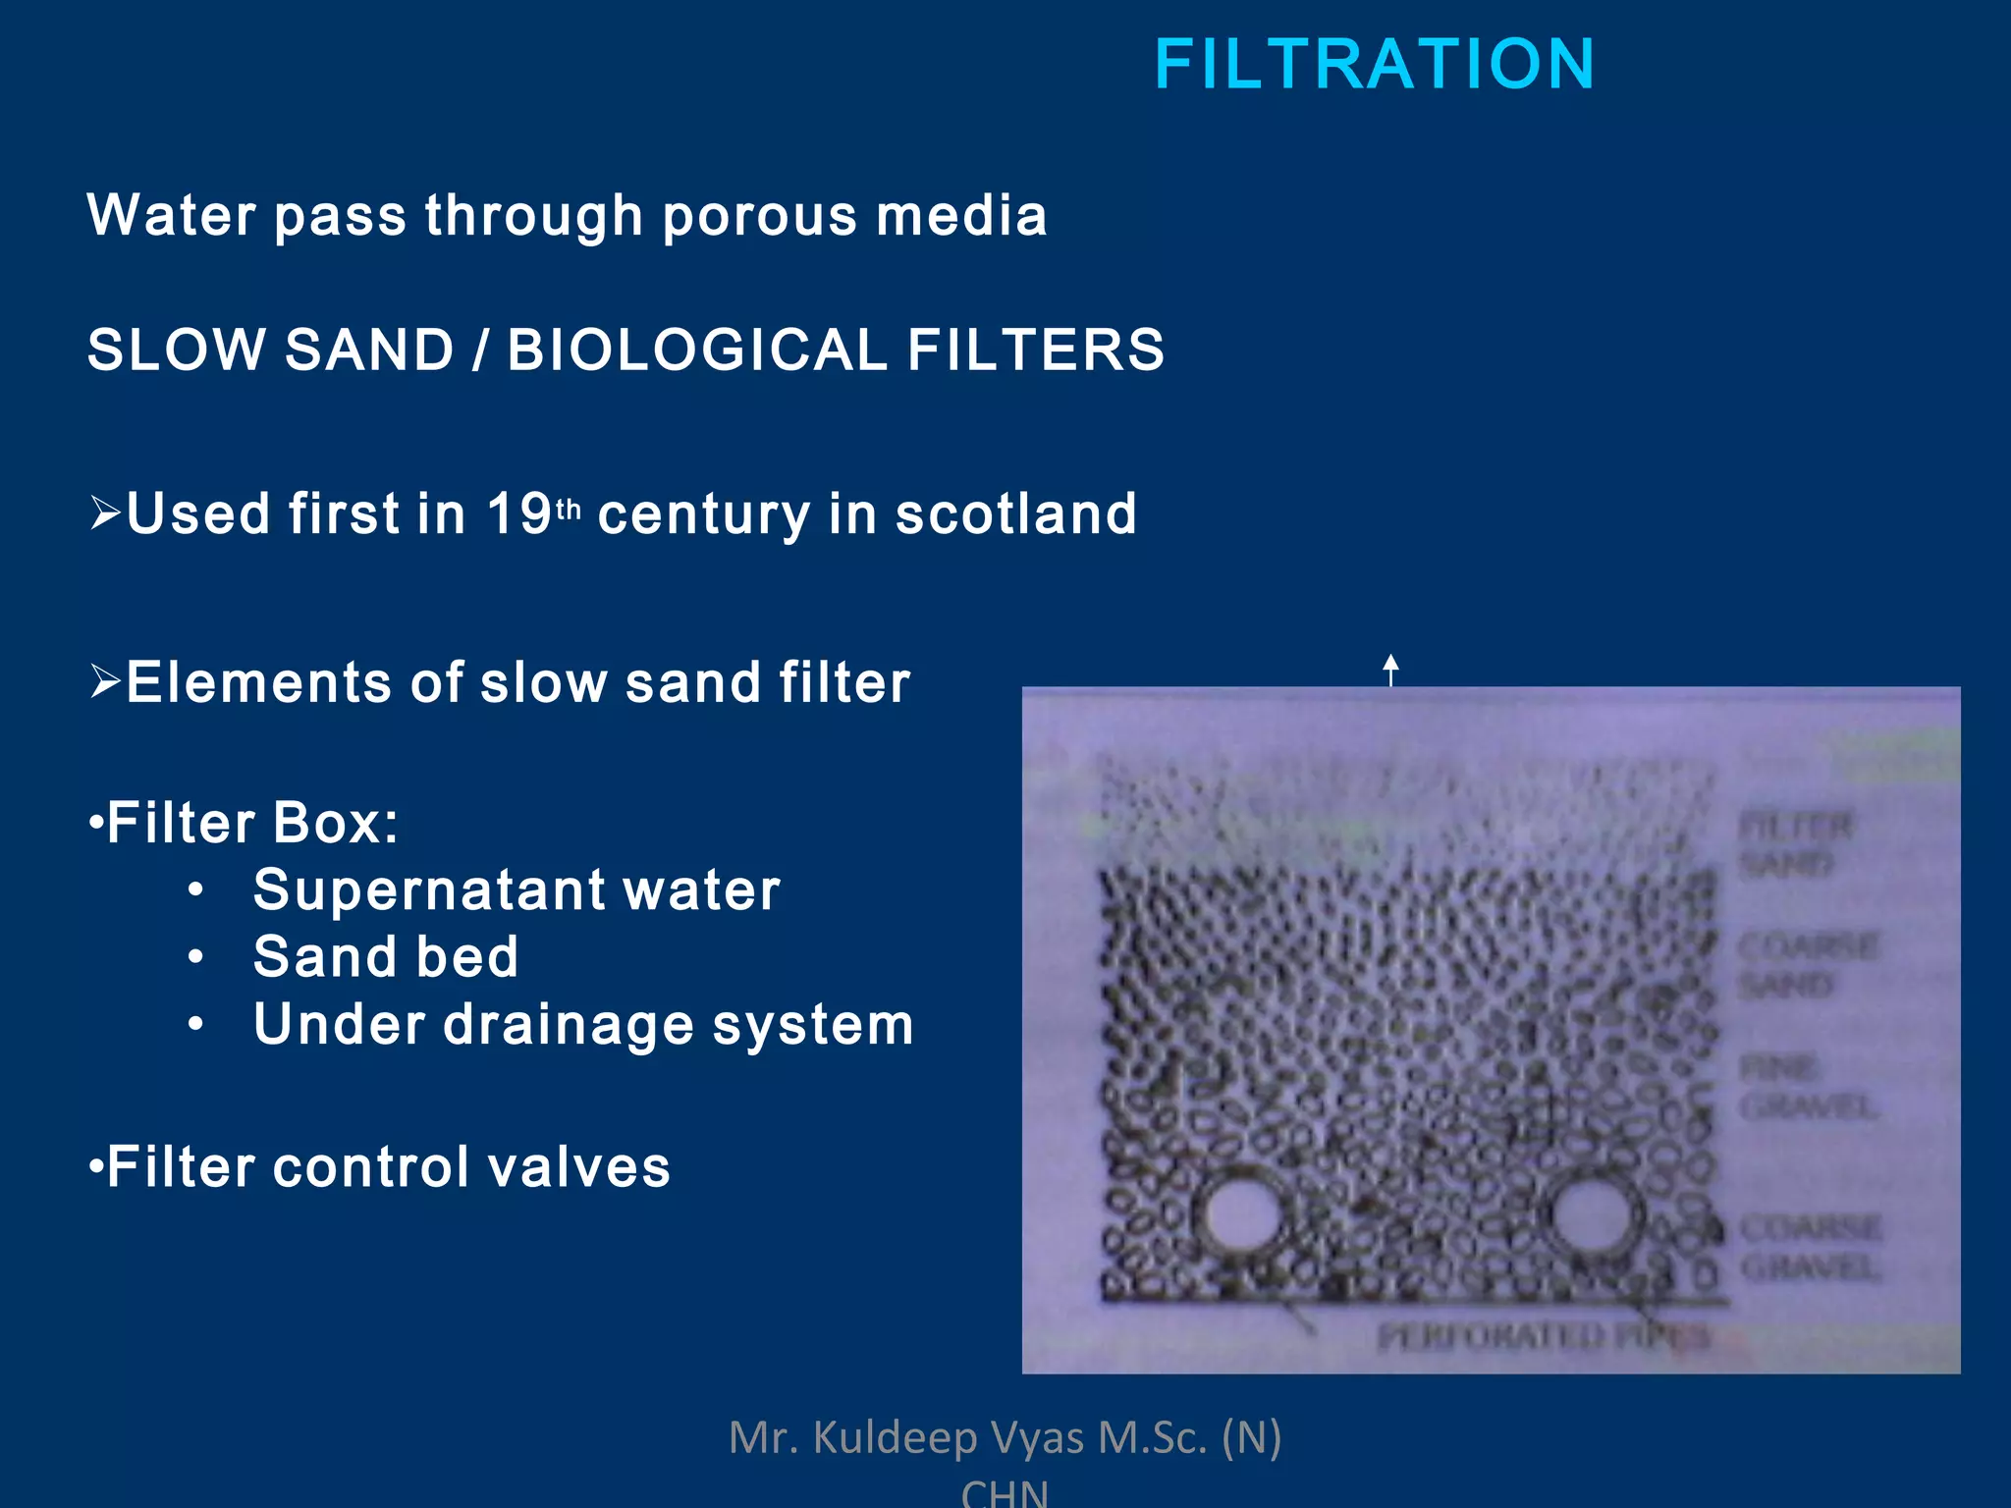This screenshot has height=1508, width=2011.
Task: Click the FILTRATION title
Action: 1374,65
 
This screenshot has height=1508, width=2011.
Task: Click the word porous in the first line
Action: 759,216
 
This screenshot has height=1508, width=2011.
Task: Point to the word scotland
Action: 1015,513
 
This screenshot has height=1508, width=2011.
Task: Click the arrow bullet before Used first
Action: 105,512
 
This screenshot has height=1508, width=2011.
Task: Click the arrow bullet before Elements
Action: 105,680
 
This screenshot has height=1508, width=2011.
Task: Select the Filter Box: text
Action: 251,823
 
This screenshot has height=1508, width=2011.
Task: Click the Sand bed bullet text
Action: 385,956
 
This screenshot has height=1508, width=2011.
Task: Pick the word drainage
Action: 569,1025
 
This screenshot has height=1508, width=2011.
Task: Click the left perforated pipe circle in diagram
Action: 1239,1216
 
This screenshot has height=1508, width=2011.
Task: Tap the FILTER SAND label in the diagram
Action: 1793,844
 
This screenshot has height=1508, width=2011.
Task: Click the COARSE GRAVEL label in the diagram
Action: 1809,1247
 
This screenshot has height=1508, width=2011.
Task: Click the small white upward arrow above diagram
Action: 1390,669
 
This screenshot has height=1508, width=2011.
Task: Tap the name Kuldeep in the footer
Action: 895,1437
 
